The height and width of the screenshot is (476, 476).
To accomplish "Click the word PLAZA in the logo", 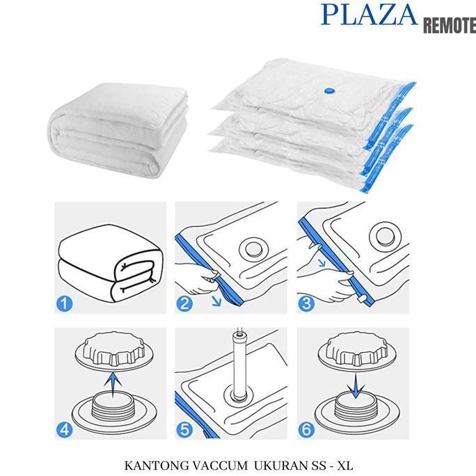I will (x=369, y=15).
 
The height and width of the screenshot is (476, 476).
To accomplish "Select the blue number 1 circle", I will (x=63, y=304).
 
